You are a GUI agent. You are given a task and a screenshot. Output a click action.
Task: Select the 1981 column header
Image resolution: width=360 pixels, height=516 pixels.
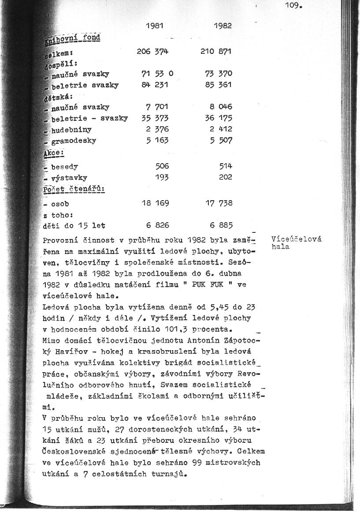click(155, 26)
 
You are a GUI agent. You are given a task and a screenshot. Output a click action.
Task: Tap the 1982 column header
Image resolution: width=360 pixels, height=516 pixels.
click(223, 26)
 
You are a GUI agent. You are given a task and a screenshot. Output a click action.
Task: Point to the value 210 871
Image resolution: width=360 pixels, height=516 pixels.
click(216, 52)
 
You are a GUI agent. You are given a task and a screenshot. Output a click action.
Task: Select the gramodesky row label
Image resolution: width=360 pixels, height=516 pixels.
click(73, 141)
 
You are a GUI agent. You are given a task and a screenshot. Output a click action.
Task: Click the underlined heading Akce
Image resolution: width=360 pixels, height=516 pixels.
click(54, 153)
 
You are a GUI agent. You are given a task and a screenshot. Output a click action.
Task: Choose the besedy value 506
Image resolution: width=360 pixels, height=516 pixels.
click(162, 167)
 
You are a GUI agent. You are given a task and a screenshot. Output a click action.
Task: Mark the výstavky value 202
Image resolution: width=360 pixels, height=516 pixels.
click(226, 178)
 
